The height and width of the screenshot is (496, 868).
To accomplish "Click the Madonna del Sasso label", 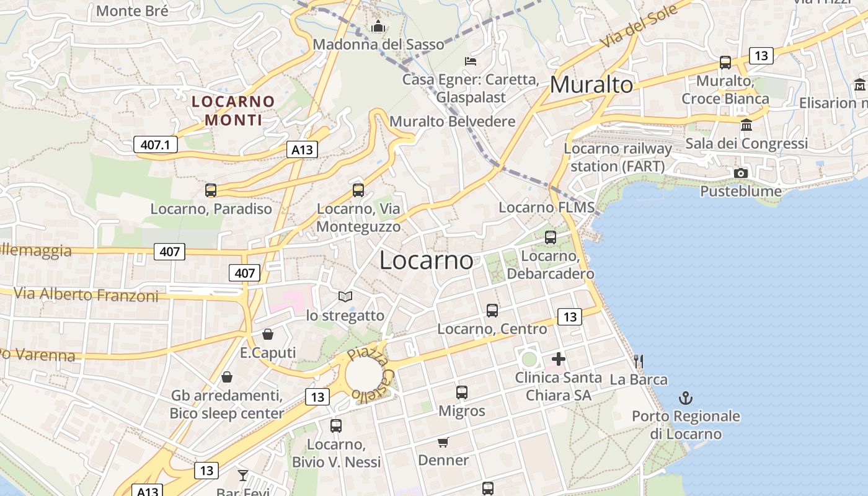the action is (x=378, y=45).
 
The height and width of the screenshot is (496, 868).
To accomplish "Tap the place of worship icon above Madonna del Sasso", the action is (x=378, y=26).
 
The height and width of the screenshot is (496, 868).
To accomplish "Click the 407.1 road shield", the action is (x=155, y=145).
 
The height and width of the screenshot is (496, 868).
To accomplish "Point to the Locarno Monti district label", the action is (x=233, y=110).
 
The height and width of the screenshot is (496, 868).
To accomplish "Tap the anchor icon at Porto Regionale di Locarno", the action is (x=686, y=398).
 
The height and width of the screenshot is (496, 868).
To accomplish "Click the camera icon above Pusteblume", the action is (x=740, y=174).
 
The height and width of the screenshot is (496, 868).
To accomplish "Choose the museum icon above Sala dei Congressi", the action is (x=746, y=125).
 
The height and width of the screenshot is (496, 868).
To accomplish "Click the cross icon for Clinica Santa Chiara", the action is (x=559, y=359).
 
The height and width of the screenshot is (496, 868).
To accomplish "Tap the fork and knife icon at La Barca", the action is (x=639, y=361).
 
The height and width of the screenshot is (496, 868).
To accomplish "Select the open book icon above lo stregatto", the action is (x=345, y=298).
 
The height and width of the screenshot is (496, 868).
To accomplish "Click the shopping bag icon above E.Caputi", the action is (x=268, y=335).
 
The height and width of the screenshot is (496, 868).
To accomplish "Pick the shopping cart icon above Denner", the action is (x=443, y=442).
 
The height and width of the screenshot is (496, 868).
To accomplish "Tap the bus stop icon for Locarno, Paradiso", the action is (x=211, y=190).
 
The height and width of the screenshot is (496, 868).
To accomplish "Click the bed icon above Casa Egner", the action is (x=471, y=61).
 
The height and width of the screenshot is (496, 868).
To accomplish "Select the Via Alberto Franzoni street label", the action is (x=86, y=294).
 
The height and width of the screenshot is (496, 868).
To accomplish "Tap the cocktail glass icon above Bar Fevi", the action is (x=242, y=476).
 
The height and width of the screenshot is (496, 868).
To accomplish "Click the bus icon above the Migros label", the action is (x=461, y=392).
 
